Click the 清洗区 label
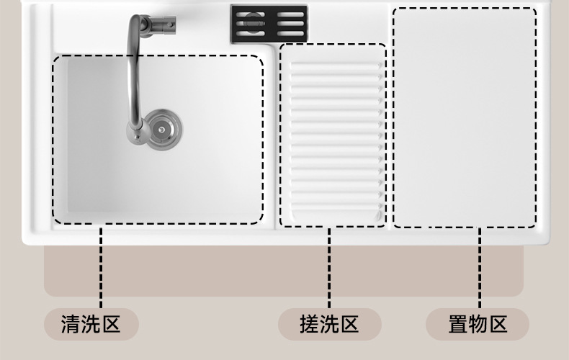point(91,324)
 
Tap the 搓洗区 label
point(329,324)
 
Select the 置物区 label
point(478,324)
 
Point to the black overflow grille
point(269,24)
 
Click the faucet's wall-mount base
point(162,25)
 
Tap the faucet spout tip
point(137,134)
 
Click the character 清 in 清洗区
point(71,324)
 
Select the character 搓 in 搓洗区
point(309,324)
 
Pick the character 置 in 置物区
point(458,324)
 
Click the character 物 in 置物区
point(478,324)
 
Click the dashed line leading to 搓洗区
point(329,268)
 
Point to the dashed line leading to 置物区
point(480,268)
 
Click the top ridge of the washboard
point(336,66)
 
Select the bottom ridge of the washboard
point(336,207)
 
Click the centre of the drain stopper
point(161,130)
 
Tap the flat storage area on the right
point(465,118)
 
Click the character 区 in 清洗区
point(111,324)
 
